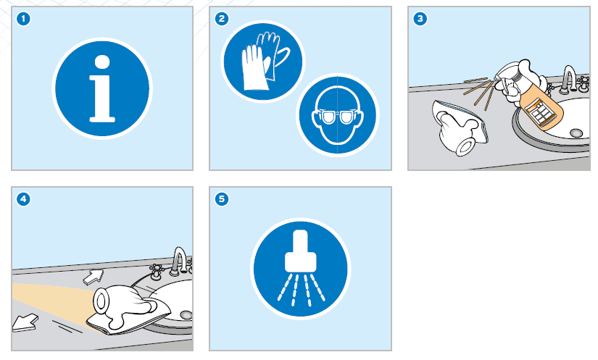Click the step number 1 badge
[23, 19]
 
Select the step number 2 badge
[222, 19]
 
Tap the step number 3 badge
[420, 19]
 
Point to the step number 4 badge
[23, 199]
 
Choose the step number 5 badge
[222, 199]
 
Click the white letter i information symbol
[101, 89]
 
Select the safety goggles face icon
[338, 114]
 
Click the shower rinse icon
[301, 269]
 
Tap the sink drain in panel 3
[576, 133]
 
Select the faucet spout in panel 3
[568, 79]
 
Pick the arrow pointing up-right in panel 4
[94, 277]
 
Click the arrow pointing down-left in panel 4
[25, 322]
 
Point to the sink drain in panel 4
[186, 315]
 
